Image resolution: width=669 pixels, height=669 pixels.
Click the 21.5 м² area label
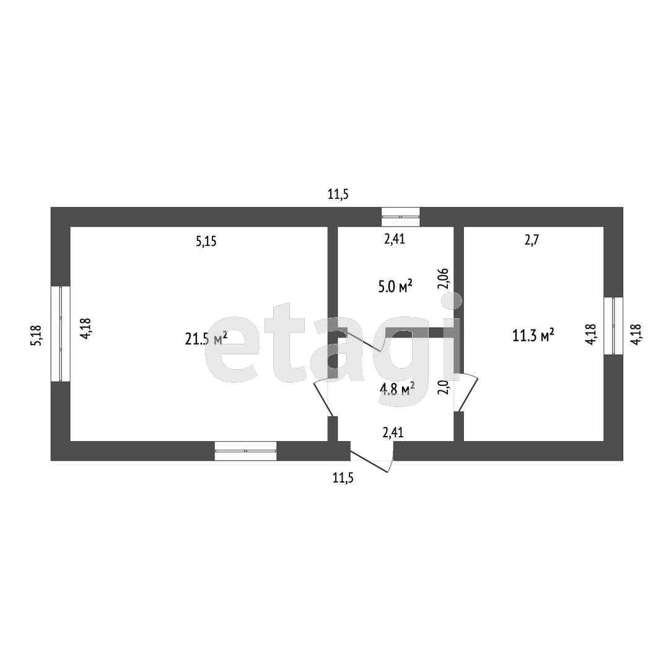(206, 338)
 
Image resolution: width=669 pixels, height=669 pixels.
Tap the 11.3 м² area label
(533, 336)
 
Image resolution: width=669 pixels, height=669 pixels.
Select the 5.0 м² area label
(395, 286)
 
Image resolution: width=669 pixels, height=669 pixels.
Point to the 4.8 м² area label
(397, 389)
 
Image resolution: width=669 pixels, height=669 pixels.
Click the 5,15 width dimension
(206, 242)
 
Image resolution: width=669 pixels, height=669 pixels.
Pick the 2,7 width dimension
(531, 241)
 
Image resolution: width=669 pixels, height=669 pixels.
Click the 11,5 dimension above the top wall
(338, 195)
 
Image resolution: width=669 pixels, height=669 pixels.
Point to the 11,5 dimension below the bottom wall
(343, 478)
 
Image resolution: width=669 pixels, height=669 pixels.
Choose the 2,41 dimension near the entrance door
(393, 432)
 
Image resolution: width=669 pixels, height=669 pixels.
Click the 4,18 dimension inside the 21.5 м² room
(85, 328)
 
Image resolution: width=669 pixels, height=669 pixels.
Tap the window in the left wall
(61, 333)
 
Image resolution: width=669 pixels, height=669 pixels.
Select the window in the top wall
(400, 217)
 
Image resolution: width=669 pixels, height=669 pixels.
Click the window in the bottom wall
(245, 451)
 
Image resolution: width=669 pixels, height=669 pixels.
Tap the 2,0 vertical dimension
(442, 387)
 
